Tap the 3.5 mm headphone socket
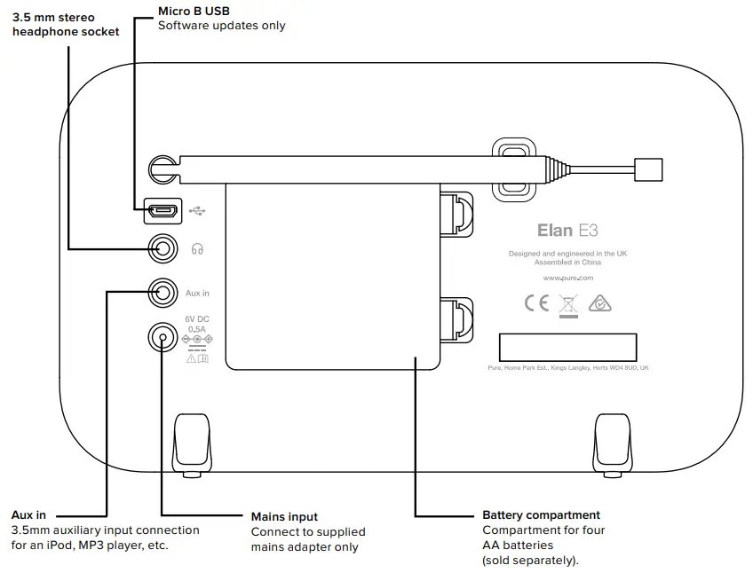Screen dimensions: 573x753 pos(162,248)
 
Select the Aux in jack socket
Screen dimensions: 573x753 pos(162,292)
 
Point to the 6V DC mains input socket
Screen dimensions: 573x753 pos(162,337)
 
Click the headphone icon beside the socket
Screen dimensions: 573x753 pos(197,250)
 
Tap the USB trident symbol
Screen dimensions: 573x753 pos(196,211)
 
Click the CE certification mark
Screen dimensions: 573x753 pos(537,303)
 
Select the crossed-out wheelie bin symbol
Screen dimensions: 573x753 pos(568,304)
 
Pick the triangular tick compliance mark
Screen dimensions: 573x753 pos(600,303)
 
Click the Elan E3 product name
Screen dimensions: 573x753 pos(567,231)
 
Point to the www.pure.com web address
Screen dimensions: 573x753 pos(567,278)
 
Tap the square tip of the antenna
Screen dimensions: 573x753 pos(648,168)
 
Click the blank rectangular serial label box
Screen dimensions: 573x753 pos(567,347)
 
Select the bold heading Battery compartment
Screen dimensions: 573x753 pos(541,515)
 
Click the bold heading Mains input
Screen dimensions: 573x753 pos(284,517)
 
